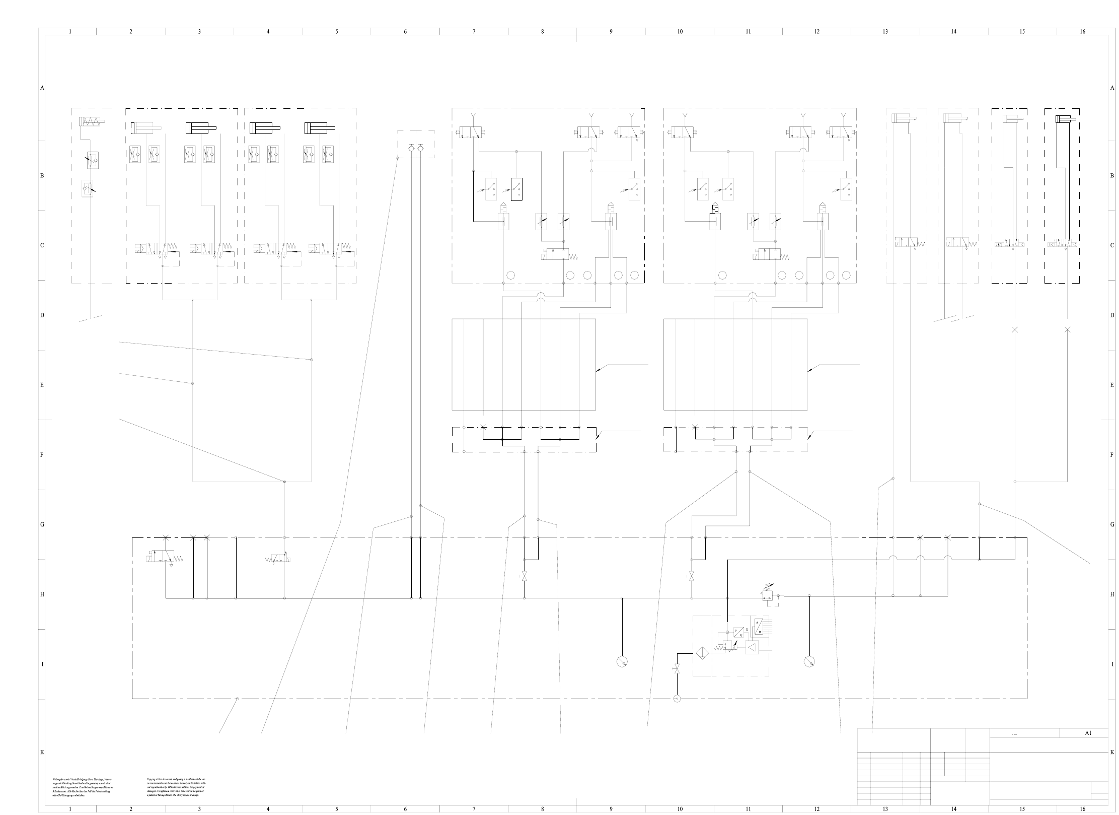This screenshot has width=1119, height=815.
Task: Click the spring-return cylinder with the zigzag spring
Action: tap(91, 121)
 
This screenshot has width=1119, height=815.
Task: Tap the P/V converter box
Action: tap(739, 632)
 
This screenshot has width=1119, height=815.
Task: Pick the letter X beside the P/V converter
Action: tap(747, 630)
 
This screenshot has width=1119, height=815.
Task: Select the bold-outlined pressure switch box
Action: tap(516, 189)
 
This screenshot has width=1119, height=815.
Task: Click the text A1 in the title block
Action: tap(1088, 733)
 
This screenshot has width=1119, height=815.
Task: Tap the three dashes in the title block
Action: tap(1014, 734)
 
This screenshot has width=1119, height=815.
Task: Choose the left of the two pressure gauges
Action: tap(622, 661)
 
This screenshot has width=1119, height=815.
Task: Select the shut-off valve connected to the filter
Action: tap(677, 669)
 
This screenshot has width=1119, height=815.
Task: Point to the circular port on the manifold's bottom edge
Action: tap(677, 698)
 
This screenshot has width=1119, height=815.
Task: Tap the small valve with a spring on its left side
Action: tap(278, 559)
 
